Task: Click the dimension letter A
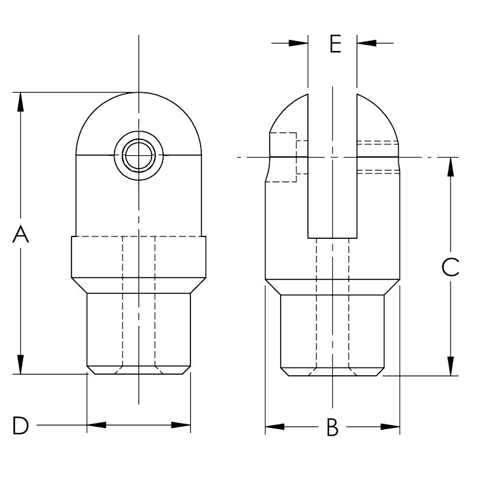point(21,234)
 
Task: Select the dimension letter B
point(332,427)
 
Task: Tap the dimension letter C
point(450,267)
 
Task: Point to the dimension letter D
point(21,426)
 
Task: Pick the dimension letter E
point(335,44)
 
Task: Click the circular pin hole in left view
point(138,156)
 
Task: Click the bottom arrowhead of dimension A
point(21,365)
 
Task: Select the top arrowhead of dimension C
point(450,167)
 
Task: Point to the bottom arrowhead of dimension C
point(450,366)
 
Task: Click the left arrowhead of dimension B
point(275,427)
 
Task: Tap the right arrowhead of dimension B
point(390,427)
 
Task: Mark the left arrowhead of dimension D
point(96,425)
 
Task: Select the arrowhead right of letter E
point(366,43)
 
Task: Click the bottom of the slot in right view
point(332,238)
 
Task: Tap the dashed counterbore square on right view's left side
point(283,157)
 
